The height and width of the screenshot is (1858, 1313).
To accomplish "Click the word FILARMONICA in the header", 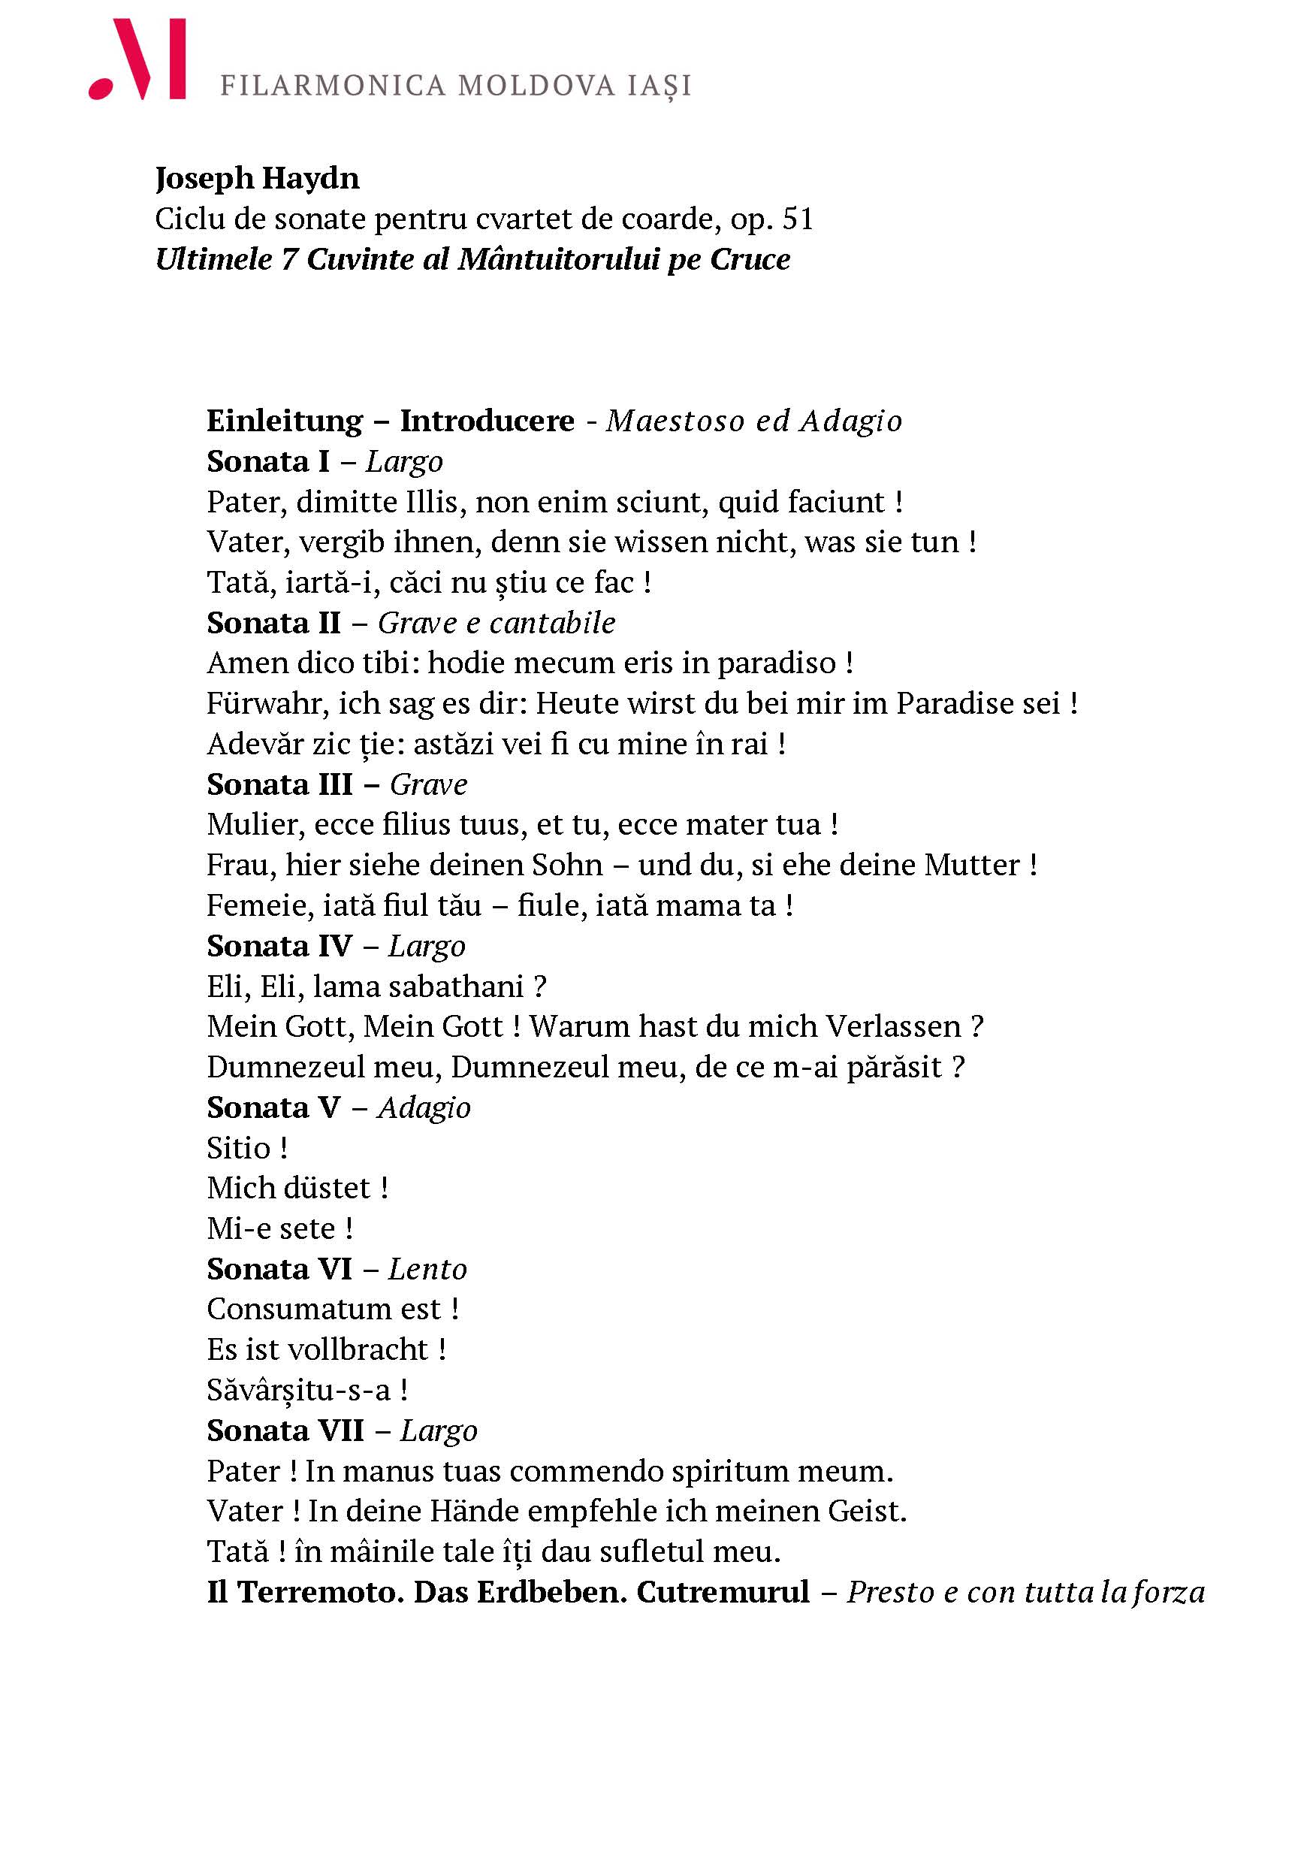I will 333,86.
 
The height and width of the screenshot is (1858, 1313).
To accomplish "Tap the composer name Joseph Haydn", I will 257,178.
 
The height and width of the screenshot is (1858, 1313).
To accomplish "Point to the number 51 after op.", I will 798,219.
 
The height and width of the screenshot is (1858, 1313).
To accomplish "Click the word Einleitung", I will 285,421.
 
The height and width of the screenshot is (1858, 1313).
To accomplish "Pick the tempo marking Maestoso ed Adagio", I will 753,421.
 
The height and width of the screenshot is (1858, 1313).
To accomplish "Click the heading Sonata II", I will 273,623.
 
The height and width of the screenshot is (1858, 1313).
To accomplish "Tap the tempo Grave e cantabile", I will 496,623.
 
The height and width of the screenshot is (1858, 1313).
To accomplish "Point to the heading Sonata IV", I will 279,946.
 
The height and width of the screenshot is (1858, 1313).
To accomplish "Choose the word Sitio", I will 238,1148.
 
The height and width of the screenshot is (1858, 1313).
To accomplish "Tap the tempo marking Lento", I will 427,1269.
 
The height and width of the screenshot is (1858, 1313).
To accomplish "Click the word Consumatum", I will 324,1310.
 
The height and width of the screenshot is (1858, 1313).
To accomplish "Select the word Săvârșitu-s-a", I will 297,1390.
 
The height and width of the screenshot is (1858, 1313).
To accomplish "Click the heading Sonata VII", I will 285,1431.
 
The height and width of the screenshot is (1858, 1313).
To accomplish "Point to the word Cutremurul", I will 723,1592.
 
